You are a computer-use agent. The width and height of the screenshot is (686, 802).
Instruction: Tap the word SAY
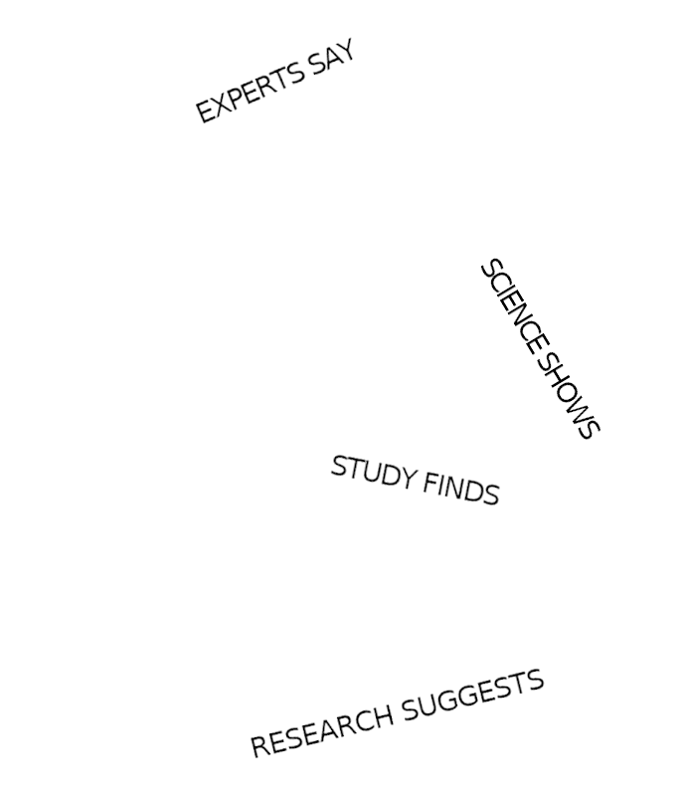click(332, 58)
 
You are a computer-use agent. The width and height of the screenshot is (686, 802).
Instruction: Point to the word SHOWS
click(569, 396)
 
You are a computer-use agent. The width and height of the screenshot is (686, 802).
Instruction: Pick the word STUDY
click(373, 472)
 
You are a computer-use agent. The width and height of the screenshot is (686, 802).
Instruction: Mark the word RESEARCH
click(322, 730)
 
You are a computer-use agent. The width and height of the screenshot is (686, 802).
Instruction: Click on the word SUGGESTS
click(473, 697)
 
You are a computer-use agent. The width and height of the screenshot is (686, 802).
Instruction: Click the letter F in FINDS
click(430, 483)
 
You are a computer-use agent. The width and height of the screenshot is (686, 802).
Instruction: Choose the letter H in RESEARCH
click(384, 717)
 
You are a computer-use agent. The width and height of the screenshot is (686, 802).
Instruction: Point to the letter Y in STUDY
click(407, 478)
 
